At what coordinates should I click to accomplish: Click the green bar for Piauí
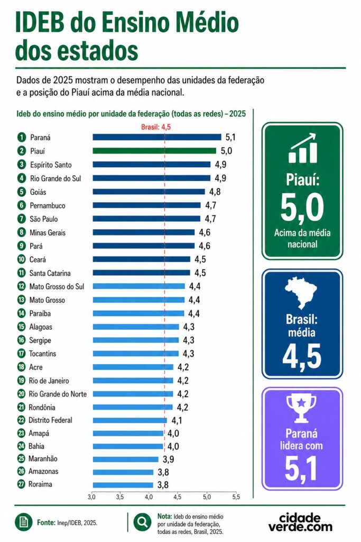coord(154,151)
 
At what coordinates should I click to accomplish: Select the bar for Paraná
coord(156,137)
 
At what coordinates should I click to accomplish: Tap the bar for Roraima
coord(123,485)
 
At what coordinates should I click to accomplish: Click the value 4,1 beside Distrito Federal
coord(177,420)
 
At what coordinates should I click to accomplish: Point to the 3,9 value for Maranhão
coord(169,459)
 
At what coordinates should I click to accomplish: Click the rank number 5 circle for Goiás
coord(22,192)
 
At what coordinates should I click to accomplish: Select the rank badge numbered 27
coord(21,484)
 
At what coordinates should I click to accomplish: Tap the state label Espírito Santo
coord(51,165)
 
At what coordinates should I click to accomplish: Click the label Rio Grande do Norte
coord(58,394)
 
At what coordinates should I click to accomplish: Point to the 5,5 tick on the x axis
coord(236,497)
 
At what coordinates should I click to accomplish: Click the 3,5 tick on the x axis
coord(120,497)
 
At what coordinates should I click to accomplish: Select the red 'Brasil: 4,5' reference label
coord(156,127)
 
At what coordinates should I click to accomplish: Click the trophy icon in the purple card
coord(301,409)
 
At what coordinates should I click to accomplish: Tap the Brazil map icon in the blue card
coord(301,293)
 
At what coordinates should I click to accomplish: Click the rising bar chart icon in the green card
coord(303,148)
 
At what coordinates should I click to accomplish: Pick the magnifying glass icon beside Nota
coord(142,521)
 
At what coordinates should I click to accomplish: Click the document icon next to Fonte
coord(23,522)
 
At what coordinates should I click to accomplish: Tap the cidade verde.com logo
coord(300,522)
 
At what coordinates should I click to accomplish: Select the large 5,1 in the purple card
coord(301,468)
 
